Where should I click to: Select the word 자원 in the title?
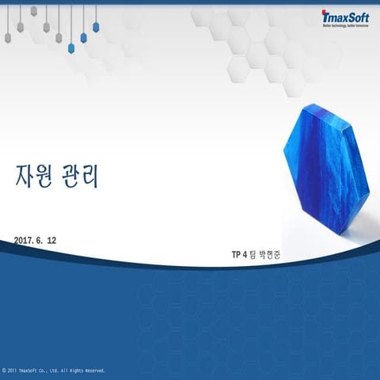click(34, 177)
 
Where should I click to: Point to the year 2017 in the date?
click(24, 239)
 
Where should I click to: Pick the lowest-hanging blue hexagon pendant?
click(83, 37)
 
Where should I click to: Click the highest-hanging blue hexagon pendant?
click(96, 26)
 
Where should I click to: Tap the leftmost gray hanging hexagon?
click(20, 26)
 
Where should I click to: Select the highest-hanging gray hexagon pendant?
click(33, 11)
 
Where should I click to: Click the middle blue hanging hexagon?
click(83, 37)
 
